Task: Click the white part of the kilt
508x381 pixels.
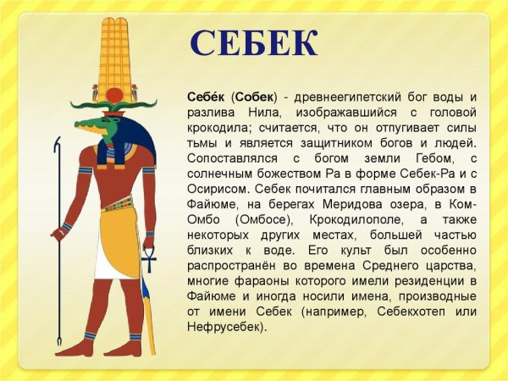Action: pos(119,271)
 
